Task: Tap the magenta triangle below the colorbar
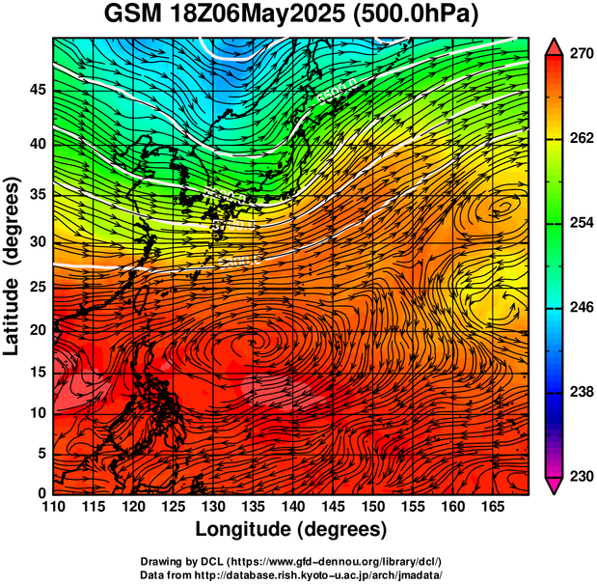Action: [x=554, y=485]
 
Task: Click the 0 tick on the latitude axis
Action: [x=41, y=493]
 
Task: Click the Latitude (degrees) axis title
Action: [x=14, y=265]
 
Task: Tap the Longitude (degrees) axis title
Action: [x=291, y=529]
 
